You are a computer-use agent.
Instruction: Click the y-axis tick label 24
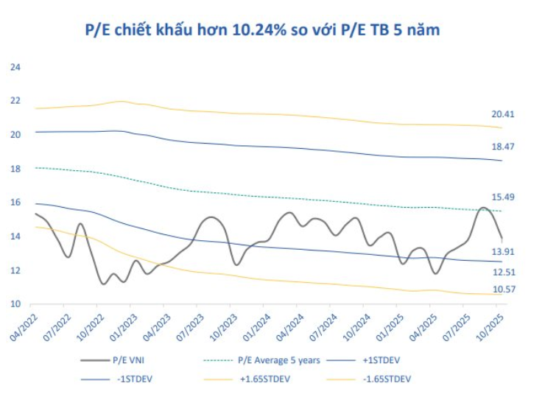pos(15,67)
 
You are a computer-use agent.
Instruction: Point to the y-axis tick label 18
pos(15,169)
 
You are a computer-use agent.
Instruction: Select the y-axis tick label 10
pos(15,304)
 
